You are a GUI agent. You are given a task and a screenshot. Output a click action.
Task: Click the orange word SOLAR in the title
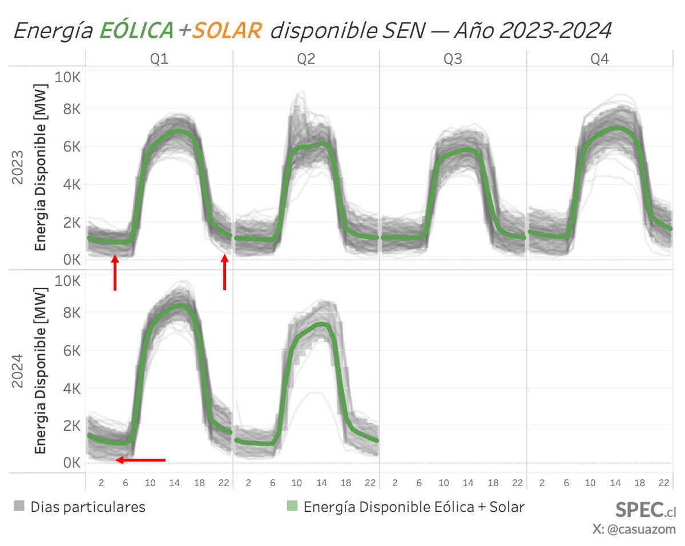(x=227, y=30)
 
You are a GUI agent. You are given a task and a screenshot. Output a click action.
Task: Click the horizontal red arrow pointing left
(x=140, y=460)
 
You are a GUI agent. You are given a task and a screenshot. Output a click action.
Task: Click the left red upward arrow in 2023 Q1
(x=115, y=273)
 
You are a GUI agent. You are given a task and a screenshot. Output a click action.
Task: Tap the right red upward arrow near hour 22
(x=224, y=272)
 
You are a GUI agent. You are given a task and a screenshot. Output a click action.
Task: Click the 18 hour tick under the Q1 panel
(x=199, y=483)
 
